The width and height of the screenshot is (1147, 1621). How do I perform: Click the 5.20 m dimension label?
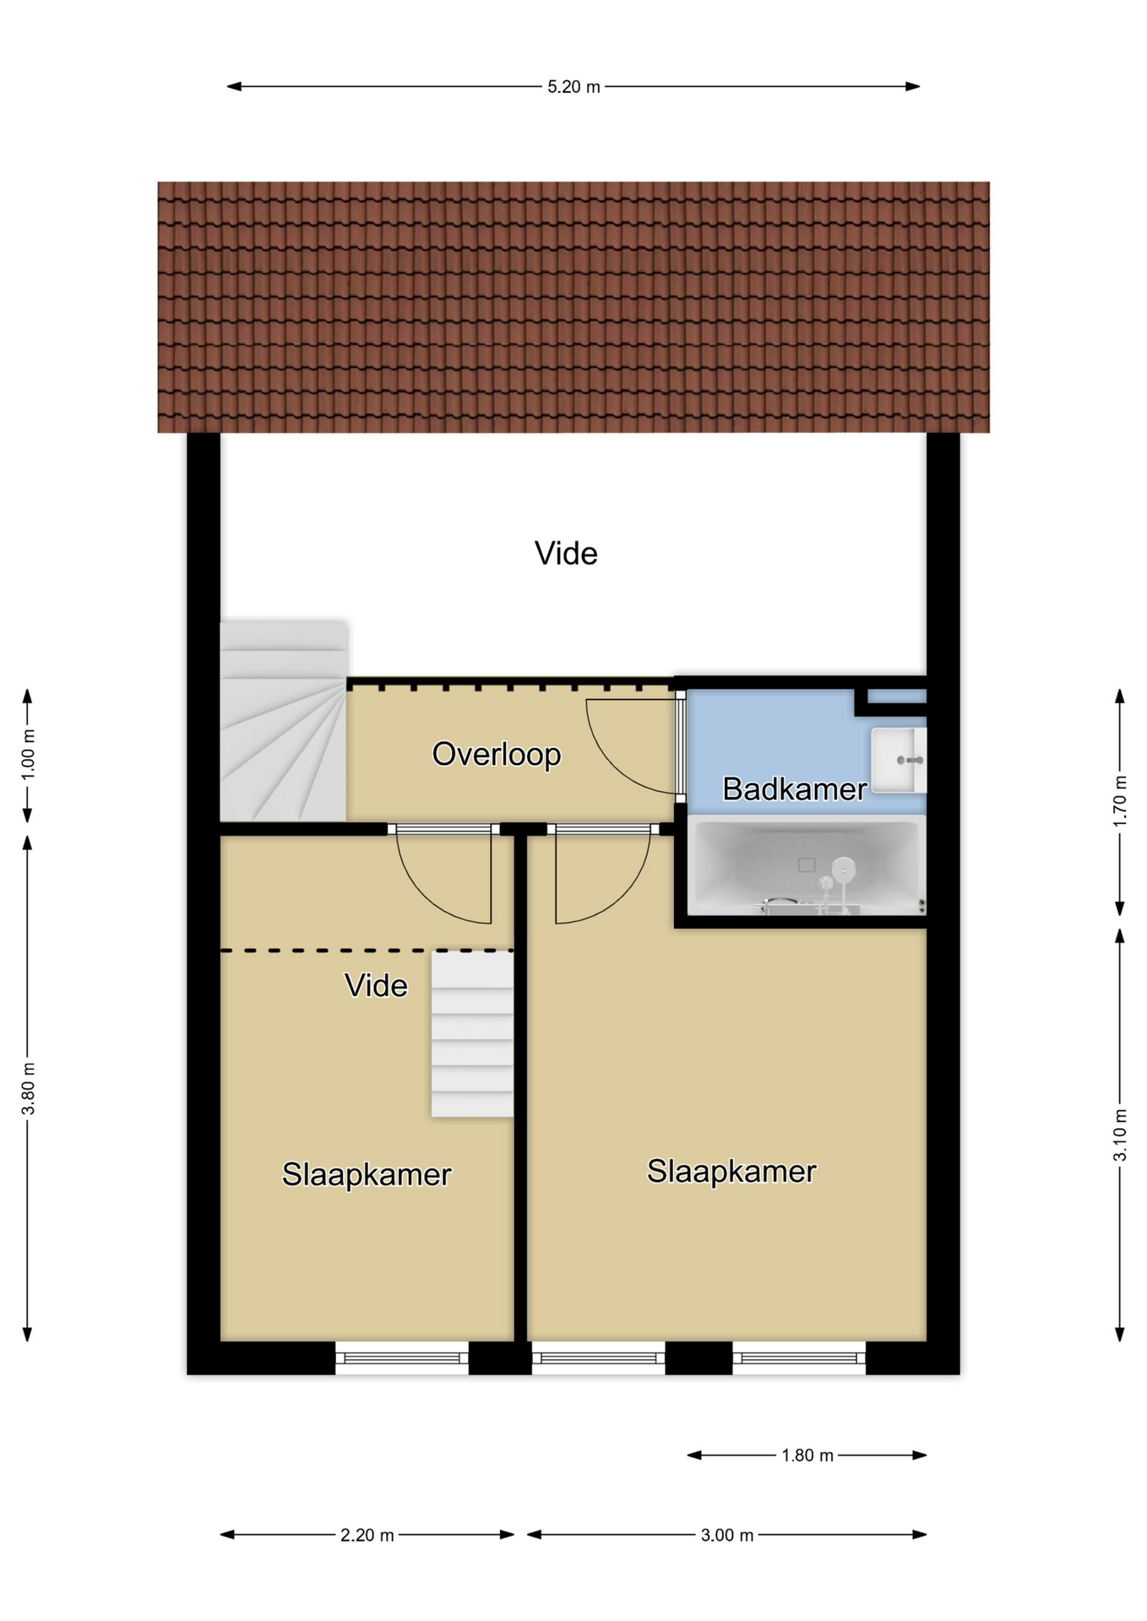pos(573,86)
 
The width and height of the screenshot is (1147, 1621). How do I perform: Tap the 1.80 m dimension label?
pos(807,1455)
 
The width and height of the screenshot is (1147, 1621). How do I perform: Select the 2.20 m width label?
pos(367,1534)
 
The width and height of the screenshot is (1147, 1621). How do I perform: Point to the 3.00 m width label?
pos(727,1534)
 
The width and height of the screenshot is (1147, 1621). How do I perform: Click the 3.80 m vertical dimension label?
pos(28,1087)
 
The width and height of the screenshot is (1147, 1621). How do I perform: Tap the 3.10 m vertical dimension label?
pos(1120,1133)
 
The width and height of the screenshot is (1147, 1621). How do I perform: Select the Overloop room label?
pos(497,754)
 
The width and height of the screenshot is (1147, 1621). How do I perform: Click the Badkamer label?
pos(795,789)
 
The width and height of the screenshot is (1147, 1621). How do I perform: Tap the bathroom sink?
pos(899,760)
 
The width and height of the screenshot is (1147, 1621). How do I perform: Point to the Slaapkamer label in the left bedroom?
pos(367,1174)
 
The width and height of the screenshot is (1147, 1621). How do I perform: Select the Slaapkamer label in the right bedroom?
pos(731,1171)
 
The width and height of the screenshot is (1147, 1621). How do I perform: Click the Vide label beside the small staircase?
pos(376,985)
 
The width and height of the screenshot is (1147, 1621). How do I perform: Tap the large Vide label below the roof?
pos(566,553)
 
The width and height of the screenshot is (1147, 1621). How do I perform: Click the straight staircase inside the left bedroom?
pos(472,1034)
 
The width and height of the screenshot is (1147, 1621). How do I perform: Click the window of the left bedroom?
pos(402,1358)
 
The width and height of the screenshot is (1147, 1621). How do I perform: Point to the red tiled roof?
pos(573,307)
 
